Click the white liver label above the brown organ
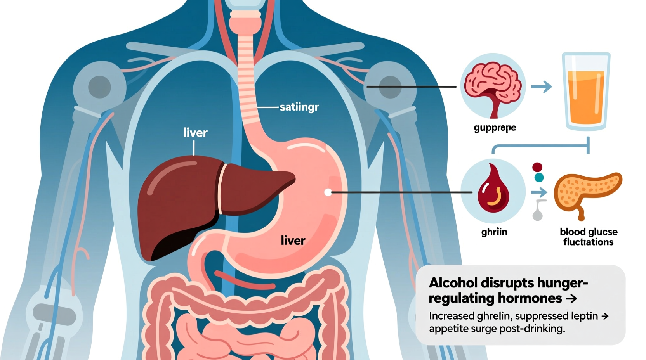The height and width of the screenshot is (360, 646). point(195,133)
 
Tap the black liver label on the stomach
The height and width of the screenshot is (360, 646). point(293,241)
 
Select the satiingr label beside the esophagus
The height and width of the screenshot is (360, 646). point(299,107)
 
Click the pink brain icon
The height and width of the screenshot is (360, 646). point(493,87)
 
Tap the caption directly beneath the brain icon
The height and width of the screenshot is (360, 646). point(495,128)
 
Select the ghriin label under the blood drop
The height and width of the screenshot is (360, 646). point(494,232)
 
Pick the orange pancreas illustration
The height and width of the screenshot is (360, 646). point(586,192)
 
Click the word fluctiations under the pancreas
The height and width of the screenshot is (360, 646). point(588,242)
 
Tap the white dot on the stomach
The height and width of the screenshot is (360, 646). point(328,192)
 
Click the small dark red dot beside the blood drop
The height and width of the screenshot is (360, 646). point(537,167)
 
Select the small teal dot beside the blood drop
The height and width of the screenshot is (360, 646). point(539,178)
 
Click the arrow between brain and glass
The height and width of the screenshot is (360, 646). point(542,87)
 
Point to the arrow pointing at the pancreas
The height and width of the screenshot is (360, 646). point(539,192)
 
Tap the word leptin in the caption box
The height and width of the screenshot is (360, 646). point(585,316)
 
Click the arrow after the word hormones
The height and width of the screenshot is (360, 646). point(571,299)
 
